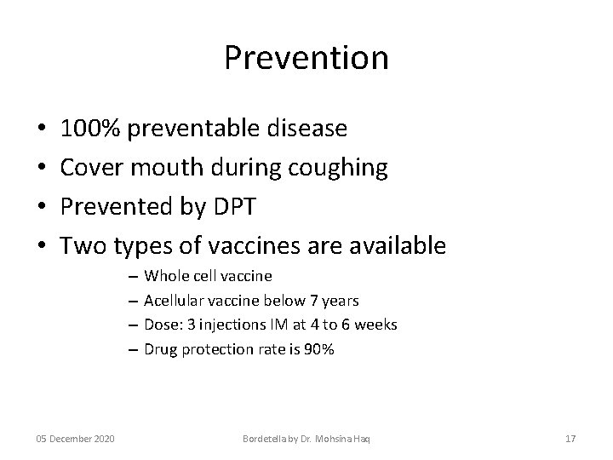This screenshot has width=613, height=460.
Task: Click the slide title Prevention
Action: tap(306, 58)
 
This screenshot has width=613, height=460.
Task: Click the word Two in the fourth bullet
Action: tap(82, 246)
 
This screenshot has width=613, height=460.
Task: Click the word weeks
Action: tap(377, 325)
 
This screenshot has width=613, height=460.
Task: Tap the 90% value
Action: tap(321, 349)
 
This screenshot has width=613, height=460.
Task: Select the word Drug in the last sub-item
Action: tap(161, 349)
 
